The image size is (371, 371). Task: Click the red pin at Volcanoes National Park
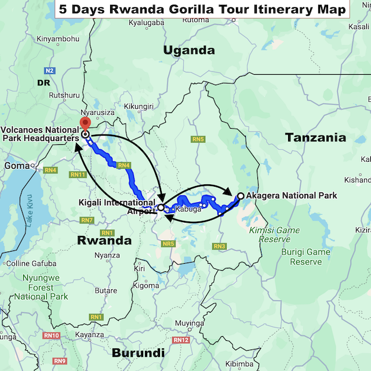coord(85,123)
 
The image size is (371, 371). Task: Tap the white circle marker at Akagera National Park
coord(241,196)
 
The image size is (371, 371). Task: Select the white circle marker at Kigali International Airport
coord(161,208)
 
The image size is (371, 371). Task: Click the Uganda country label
coord(189,50)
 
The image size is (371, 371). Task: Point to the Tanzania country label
coord(315,137)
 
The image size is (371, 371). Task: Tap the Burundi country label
coord(138,352)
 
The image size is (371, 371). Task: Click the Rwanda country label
coord(105,240)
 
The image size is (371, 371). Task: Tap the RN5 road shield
coord(199,139)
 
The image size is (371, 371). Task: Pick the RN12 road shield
coord(181,340)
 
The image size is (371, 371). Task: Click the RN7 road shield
coord(87,220)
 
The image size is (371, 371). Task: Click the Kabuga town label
coord(188,209)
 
